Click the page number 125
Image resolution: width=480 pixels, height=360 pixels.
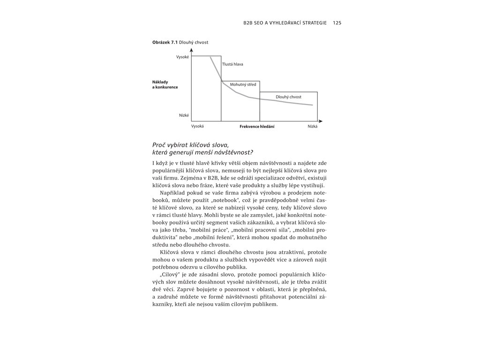pos(337,22)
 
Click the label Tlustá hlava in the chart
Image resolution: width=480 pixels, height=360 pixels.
pos(232,64)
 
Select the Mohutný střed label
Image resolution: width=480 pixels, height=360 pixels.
pos(243,85)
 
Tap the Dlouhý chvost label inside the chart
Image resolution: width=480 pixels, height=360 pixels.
pos(288,97)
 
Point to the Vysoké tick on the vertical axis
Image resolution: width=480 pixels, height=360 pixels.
pos(182,57)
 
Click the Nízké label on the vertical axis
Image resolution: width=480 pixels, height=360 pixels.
pos(184,115)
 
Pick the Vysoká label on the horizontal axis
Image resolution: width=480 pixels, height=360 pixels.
pos(197,127)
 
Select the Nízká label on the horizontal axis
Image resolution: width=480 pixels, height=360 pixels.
pos(312,127)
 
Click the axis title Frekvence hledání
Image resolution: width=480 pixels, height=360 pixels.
pos(257,127)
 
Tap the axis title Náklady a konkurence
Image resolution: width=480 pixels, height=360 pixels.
pos(165,84)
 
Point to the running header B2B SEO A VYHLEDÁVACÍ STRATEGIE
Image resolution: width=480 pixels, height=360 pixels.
pos(285,22)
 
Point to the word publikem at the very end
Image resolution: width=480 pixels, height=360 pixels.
pos(265,304)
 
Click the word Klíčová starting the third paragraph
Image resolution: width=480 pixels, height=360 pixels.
pos(171,252)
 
